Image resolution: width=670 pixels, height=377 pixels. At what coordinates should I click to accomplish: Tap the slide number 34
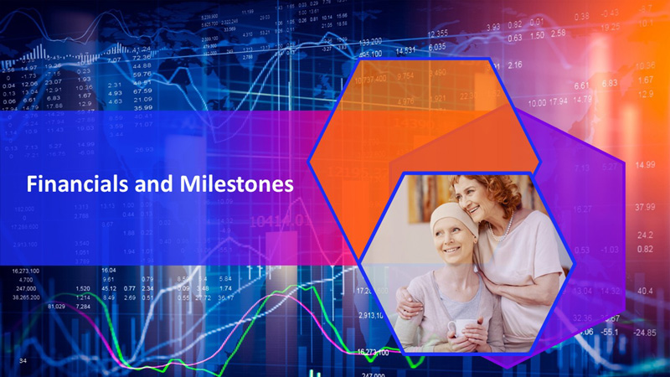[23, 359]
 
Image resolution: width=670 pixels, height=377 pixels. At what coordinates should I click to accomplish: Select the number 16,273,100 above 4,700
[30, 271]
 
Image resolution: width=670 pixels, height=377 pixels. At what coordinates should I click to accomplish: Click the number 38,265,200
[30, 297]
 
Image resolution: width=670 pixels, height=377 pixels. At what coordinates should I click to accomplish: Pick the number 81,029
[56, 307]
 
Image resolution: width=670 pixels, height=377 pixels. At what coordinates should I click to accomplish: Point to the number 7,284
[83, 307]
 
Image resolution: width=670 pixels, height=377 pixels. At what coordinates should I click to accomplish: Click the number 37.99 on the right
[644, 207]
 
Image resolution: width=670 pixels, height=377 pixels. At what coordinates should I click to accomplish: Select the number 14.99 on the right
[644, 165]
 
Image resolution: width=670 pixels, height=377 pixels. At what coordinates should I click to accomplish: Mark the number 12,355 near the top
[437, 34]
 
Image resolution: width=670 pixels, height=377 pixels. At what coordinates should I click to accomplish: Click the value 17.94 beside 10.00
[557, 102]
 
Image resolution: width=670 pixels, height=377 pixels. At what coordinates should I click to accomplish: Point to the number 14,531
[405, 50]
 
